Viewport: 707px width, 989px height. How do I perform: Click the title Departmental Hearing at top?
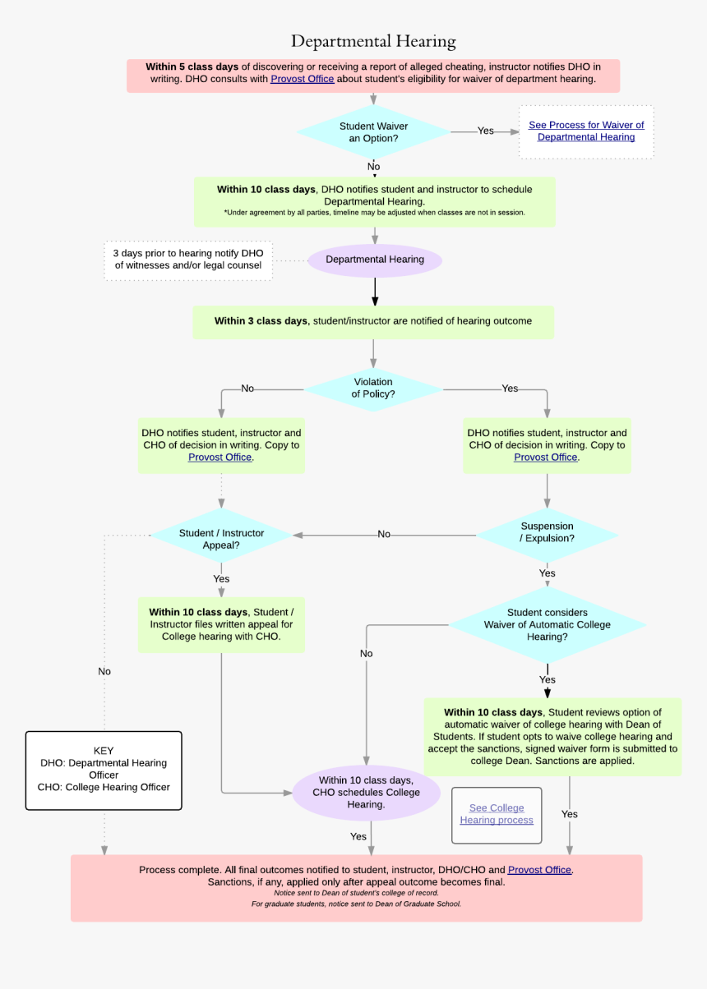[373, 41]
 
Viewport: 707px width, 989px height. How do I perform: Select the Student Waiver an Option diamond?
[373, 132]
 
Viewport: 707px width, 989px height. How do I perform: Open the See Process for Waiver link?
[586, 131]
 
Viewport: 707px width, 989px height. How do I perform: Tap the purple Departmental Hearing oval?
[375, 260]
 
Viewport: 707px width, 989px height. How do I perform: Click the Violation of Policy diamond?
[373, 389]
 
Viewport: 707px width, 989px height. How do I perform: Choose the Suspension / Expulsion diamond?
[547, 532]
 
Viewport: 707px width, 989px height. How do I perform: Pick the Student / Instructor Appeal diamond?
[221, 539]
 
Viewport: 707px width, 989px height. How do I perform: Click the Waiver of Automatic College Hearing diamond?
[547, 624]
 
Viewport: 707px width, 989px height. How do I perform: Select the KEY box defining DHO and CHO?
[104, 770]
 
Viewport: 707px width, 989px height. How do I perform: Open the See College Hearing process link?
[497, 814]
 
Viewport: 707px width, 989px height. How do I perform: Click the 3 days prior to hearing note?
[188, 260]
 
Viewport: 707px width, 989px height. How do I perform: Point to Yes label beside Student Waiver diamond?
[486, 131]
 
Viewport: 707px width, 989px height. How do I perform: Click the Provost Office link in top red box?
[303, 79]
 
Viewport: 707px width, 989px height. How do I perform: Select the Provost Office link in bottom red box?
[539, 870]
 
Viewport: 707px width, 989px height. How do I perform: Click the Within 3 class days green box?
[373, 321]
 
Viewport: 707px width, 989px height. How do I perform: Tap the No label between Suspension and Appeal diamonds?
[384, 535]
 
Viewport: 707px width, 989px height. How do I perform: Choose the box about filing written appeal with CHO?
[221, 624]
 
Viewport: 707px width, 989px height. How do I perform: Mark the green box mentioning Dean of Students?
[552, 736]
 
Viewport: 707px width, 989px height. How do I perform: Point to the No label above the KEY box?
[104, 671]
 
